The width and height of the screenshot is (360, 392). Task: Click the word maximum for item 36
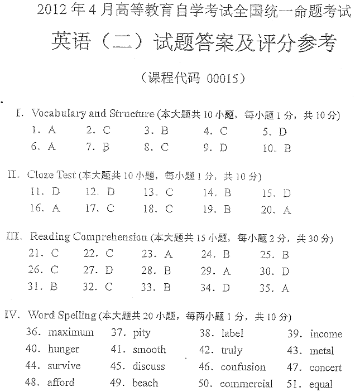tap(71, 332)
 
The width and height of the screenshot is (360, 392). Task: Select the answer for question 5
tap(282, 132)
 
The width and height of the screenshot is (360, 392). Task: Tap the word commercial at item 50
tap(246, 384)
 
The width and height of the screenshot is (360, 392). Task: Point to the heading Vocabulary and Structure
tap(93, 114)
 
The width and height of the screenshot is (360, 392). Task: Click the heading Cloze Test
tap(51, 175)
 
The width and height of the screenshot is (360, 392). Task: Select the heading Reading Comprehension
tap(89, 236)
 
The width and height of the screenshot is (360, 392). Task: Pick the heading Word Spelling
tap(62, 315)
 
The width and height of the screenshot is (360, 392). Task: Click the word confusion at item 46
tap(243, 367)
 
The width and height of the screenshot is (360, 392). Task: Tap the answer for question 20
tap(287, 210)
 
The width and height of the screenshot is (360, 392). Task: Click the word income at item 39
tap(326, 334)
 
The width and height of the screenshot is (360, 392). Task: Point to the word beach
tap(145, 383)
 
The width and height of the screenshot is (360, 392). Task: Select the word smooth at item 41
tap(149, 350)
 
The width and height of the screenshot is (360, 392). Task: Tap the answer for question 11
tap(55, 192)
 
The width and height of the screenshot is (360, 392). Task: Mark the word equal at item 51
tap(321, 384)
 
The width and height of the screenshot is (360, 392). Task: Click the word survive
tap(64, 366)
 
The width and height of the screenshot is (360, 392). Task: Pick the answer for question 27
tap(109, 270)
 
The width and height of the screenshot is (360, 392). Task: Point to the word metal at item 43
tap(321, 351)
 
